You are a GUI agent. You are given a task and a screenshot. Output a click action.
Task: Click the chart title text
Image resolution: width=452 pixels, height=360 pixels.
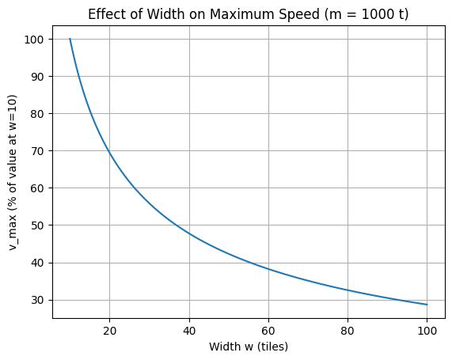point(248,14)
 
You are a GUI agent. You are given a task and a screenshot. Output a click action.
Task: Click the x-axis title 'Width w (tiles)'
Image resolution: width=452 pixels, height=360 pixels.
point(248,347)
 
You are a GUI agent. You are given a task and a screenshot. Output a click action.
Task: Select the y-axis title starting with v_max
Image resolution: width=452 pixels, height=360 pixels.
point(14,172)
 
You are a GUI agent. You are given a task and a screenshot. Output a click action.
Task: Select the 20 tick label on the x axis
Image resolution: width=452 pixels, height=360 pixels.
point(109,330)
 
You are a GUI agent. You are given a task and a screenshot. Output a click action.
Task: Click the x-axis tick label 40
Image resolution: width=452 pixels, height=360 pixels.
point(189,330)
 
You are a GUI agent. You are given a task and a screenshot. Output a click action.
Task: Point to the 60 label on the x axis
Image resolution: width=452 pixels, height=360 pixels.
point(268,330)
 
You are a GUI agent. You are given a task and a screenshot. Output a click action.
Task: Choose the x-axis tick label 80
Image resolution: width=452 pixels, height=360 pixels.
point(348,330)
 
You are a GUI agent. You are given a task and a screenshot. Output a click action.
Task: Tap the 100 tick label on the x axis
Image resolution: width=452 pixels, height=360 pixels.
point(427,330)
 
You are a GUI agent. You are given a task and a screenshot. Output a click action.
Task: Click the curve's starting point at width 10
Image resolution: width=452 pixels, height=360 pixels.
point(70,39)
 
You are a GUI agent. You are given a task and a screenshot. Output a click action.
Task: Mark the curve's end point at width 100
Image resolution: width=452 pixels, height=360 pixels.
point(427,305)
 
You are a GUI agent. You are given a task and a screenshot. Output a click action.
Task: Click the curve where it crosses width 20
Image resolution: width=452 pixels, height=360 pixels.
point(109,151)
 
